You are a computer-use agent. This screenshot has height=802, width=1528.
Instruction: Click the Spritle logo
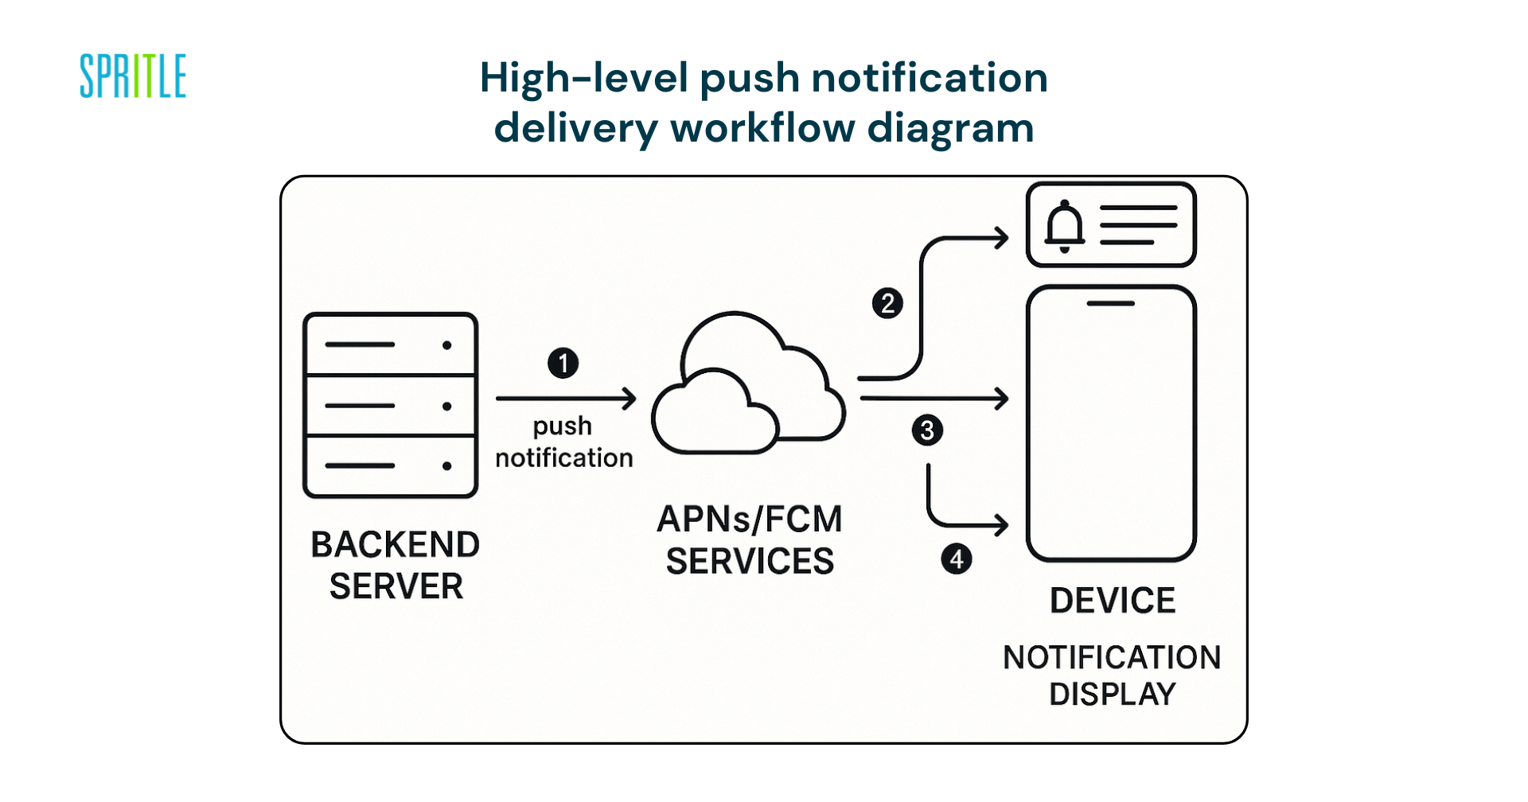click(x=133, y=76)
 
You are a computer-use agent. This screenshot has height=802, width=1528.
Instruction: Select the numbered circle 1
click(x=563, y=363)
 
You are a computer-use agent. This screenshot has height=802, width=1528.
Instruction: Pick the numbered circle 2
click(x=887, y=303)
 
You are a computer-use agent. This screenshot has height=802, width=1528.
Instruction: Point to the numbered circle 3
click(x=927, y=430)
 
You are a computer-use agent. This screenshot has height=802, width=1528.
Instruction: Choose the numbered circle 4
click(x=956, y=559)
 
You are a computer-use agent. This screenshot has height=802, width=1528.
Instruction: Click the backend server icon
click(x=390, y=405)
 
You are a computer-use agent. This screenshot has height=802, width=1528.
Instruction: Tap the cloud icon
click(x=748, y=386)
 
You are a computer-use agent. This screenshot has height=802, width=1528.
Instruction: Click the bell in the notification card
click(x=1064, y=226)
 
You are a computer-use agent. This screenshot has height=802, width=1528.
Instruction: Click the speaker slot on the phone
click(x=1111, y=303)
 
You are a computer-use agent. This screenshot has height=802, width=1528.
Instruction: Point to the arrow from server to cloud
click(x=565, y=398)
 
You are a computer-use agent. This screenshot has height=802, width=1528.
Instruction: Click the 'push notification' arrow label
click(x=563, y=442)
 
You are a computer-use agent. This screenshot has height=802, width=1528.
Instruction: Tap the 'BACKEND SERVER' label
click(x=396, y=566)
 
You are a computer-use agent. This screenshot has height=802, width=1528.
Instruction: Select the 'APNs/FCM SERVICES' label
click(x=750, y=540)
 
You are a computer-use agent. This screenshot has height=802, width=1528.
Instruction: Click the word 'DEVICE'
click(x=1112, y=601)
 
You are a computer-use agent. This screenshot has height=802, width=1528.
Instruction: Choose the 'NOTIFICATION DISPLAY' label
click(x=1112, y=675)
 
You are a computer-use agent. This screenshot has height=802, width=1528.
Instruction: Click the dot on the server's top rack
click(x=446, y=345)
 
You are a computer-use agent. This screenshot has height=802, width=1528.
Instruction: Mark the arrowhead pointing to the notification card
click(x=1003, y=237)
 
